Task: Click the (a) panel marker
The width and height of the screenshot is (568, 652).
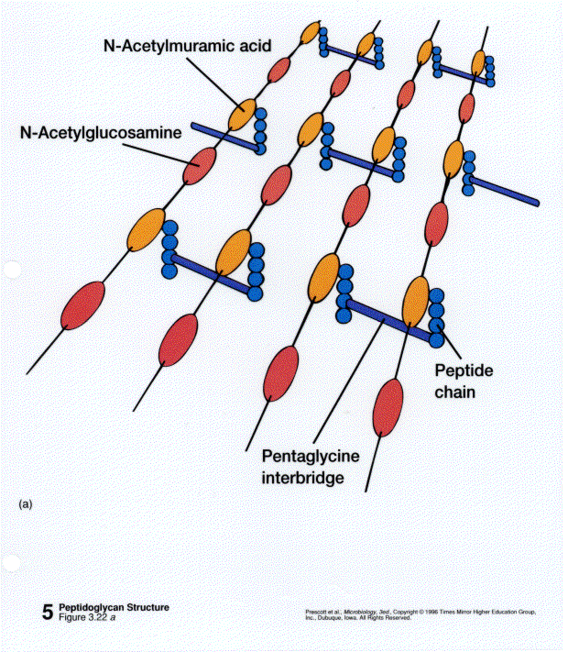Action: pyautogui.click(x=25, y=503)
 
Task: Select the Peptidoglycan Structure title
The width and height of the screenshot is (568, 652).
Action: pyautogui.click(x=114, y=607)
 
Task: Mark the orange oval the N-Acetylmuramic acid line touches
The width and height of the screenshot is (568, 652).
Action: pyautogui.click(x=242, y=114)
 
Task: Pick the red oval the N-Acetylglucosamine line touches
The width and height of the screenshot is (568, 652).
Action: pyautogui.click(x=199, y=165)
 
